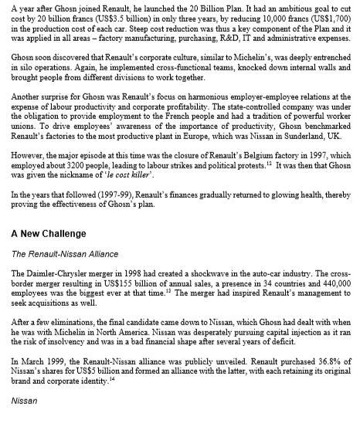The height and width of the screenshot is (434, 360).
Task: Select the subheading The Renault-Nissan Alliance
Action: (x=62, y=253)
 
